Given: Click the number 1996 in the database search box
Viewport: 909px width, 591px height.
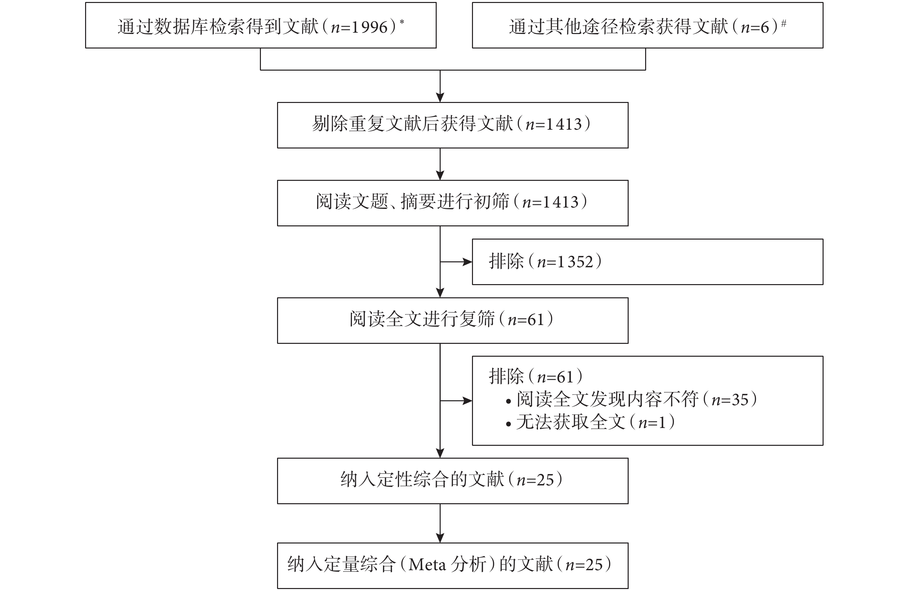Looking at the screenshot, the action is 369,27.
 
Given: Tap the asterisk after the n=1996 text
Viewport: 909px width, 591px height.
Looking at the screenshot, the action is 402,22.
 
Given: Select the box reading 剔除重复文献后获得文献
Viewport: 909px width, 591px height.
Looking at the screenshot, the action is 453,125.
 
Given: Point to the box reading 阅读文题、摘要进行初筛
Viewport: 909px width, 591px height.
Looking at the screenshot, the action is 453,203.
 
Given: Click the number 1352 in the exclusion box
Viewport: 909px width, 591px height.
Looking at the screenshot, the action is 575,262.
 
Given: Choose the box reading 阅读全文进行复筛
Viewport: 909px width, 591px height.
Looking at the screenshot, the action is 453,320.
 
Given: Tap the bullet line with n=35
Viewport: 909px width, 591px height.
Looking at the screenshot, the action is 631,400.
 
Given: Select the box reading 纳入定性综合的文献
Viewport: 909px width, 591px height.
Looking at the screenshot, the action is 453,481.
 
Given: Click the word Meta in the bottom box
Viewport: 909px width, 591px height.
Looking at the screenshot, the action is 427,565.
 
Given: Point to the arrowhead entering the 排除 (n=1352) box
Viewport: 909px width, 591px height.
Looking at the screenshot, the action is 467,262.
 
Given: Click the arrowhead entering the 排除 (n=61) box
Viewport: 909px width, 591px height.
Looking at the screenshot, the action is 467,401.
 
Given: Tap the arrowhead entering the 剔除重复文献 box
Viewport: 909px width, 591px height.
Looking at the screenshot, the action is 440,97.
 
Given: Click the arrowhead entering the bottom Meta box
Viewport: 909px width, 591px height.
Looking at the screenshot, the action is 440,538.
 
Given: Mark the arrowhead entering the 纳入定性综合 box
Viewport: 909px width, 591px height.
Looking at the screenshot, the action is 440,453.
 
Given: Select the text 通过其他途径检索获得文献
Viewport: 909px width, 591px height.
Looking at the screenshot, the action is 619,27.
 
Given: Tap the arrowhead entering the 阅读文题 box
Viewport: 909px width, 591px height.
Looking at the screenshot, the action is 440,175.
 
